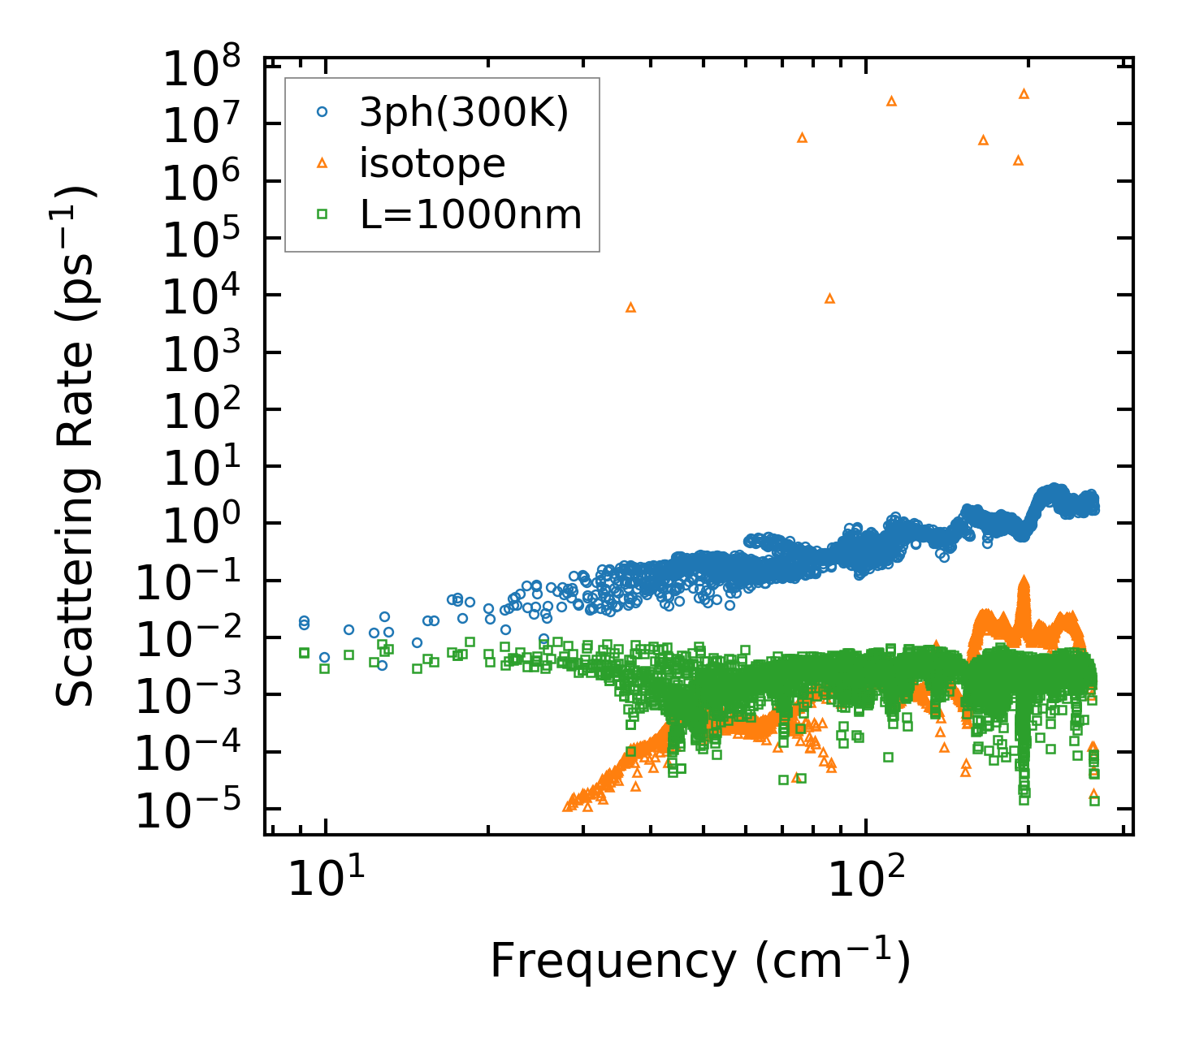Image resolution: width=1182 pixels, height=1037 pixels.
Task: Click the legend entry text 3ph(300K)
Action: click(464, 114)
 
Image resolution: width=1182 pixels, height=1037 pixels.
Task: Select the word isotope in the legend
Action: click(432, 164)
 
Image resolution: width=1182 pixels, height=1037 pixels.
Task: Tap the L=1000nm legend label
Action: click(470, 215)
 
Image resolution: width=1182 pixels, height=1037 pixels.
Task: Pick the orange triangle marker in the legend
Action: click(322, 164)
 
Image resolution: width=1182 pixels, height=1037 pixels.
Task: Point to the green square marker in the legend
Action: click(322, 214)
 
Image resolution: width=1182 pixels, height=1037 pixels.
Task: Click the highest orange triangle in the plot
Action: click(1024, 94)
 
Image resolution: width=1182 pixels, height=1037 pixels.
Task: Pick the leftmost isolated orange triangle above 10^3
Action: click(630, 307)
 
